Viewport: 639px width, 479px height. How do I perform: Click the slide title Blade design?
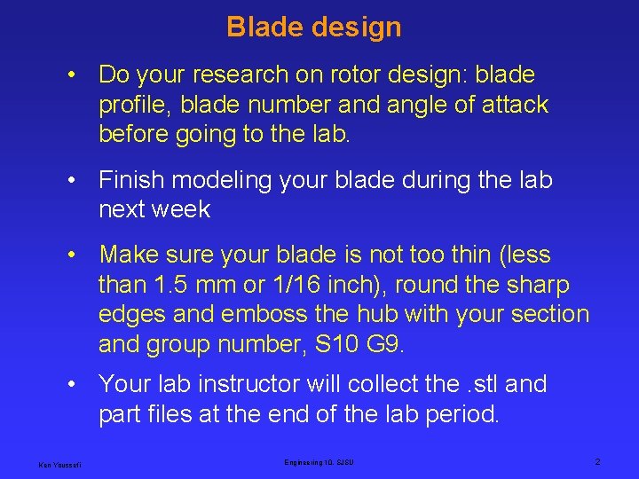pos(314,27)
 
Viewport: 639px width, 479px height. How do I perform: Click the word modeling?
pos(225,180)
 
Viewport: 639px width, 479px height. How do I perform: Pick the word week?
pos(181,210)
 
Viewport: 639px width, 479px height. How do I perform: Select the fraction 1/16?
pos(291,285)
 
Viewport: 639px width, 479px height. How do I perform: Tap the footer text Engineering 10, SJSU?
pos(319,462)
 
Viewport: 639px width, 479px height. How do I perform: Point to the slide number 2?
pos(597,462)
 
